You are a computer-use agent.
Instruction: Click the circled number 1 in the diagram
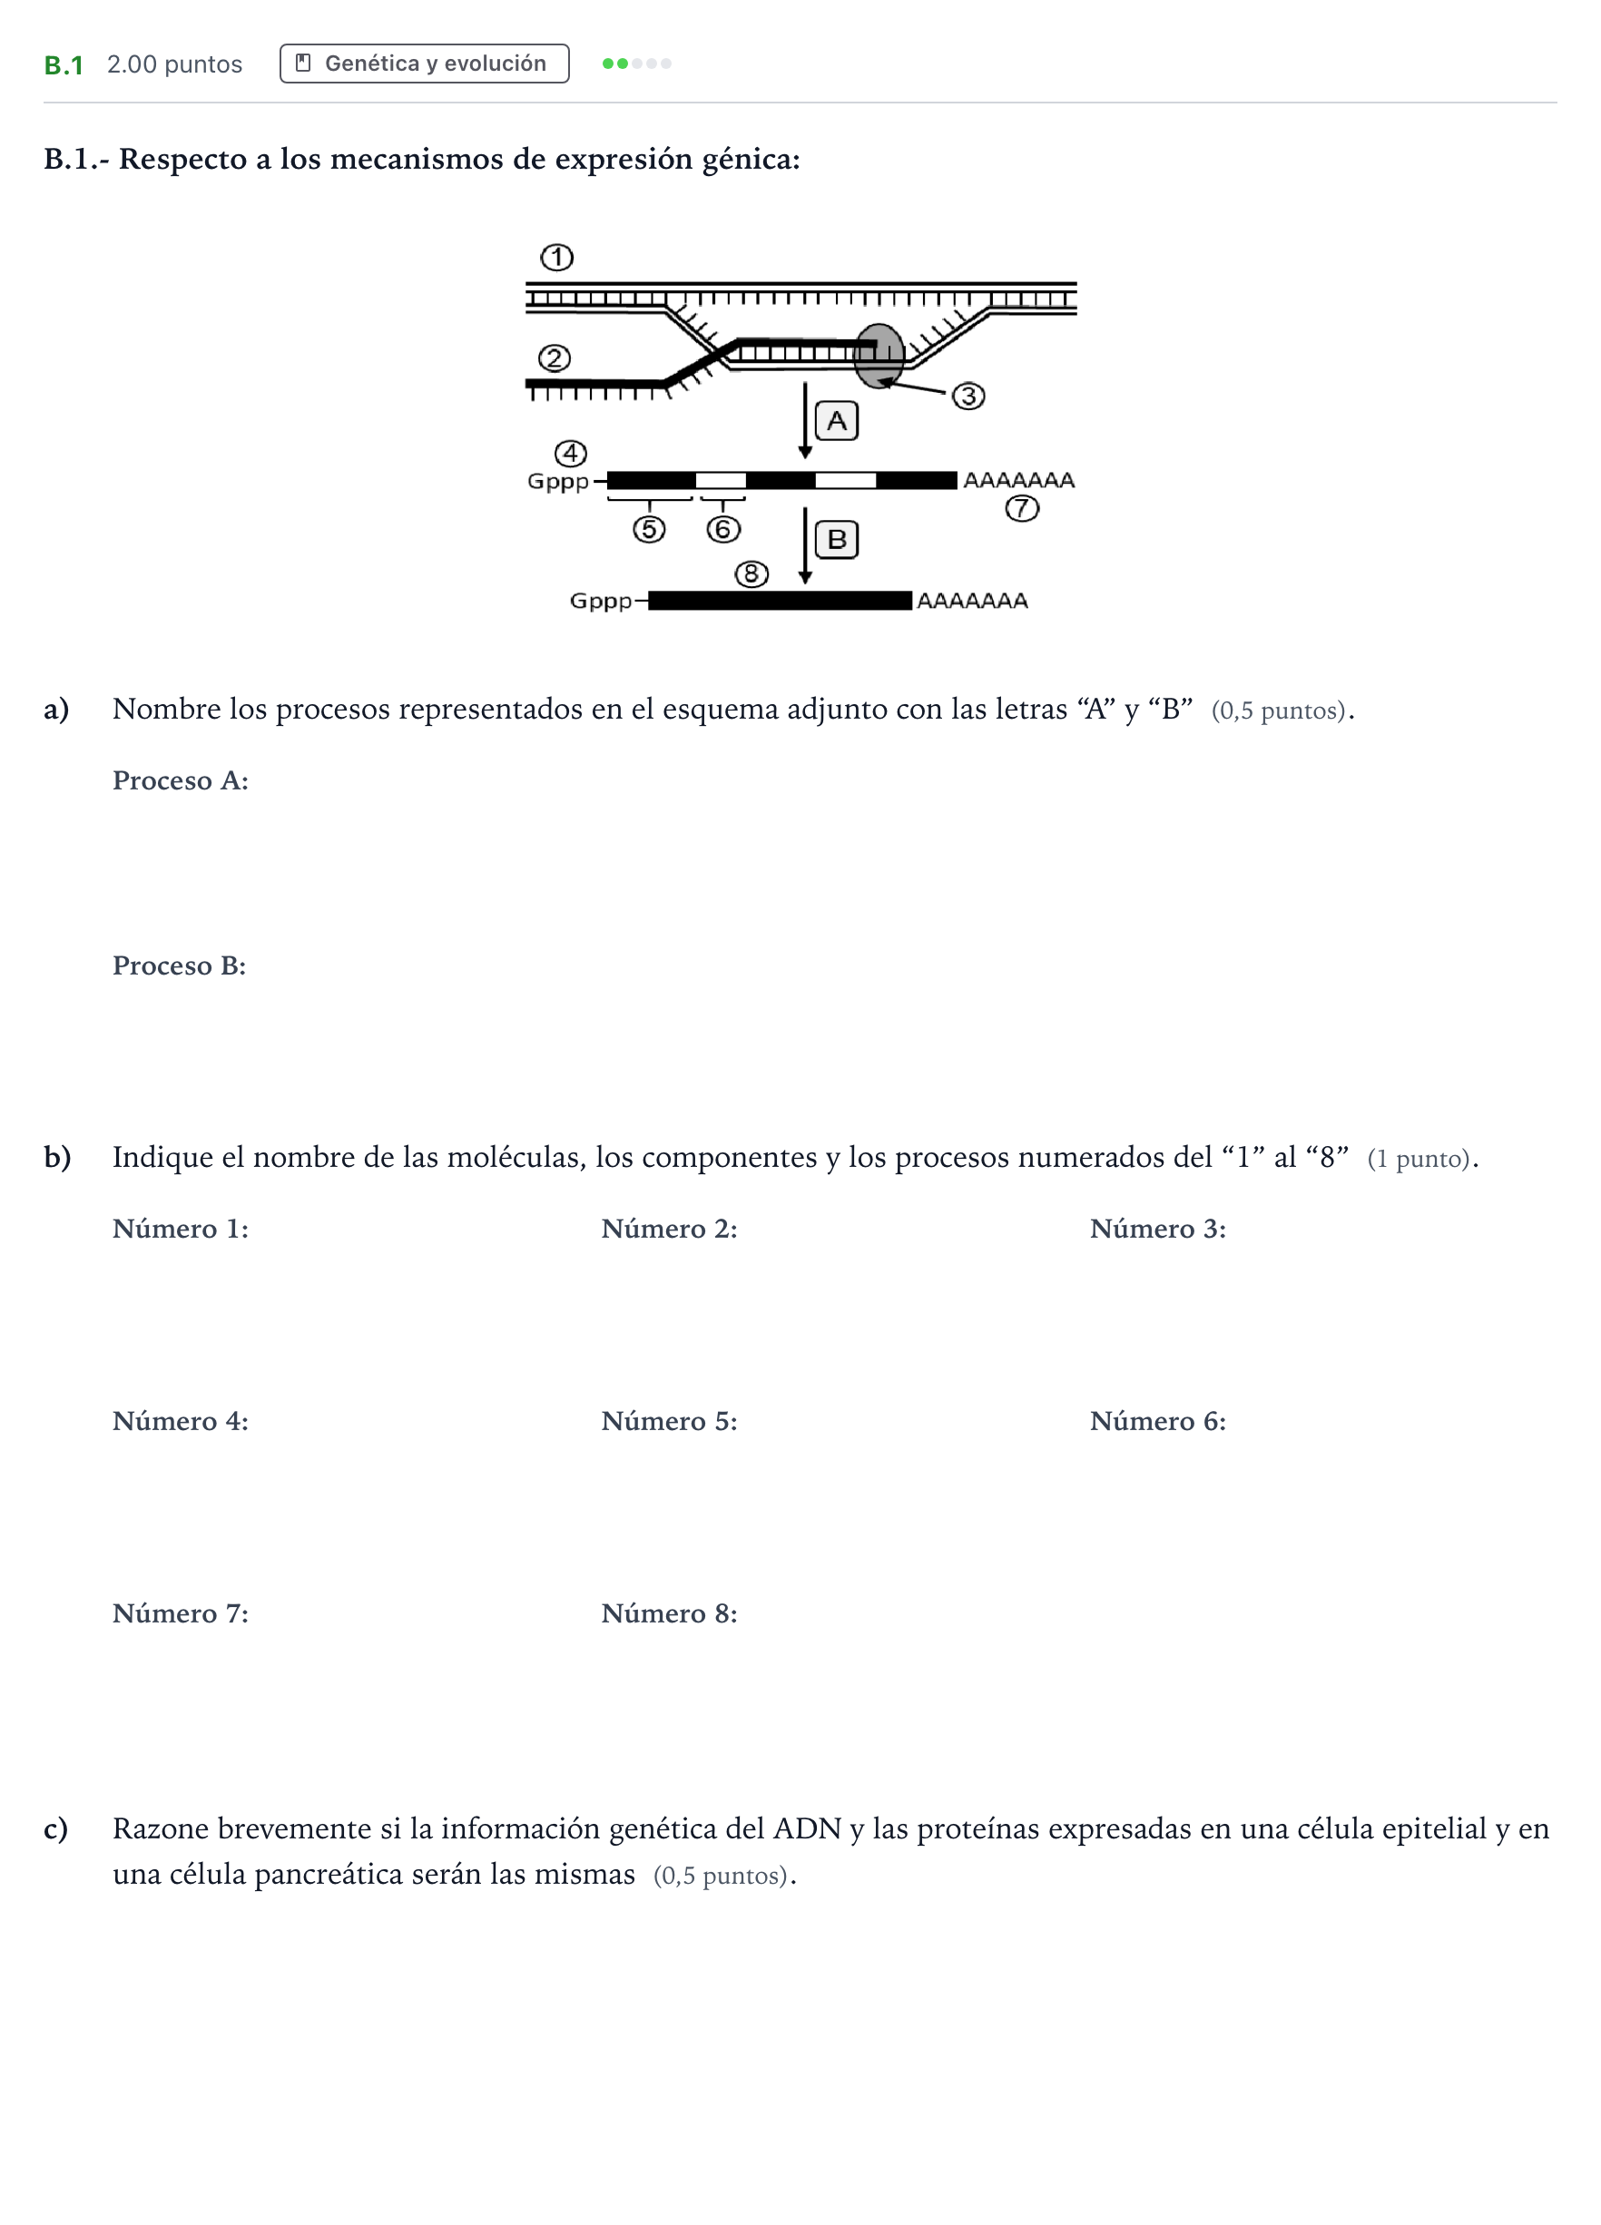[556, 258]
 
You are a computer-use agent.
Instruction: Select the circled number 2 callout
[555, 358]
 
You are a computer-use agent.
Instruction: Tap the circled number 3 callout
[968, 397]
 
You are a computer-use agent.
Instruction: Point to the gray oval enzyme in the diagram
[878, 356]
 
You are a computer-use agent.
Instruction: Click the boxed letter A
[837, 421]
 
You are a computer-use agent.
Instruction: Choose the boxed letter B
[837, 540]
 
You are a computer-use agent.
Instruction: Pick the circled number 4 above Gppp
[571, 453]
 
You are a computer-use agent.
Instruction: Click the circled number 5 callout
[648, 530]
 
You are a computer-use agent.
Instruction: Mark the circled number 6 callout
[723, 530]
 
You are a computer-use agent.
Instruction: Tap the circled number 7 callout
[1022, 508]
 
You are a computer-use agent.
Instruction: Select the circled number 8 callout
[751, 573]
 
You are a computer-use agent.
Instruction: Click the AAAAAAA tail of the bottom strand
[972, 601]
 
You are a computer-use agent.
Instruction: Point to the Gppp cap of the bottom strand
[601, 601]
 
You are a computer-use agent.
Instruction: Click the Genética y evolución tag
[424, 64]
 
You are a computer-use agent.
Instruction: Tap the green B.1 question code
[64, 64]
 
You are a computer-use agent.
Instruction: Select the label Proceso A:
[181, 781]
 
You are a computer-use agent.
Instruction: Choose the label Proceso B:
[180, 966]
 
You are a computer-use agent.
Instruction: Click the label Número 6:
[1157, 1422]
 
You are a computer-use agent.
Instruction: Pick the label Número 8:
[669, 1613]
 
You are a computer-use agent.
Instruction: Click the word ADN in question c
[808, 1828]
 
